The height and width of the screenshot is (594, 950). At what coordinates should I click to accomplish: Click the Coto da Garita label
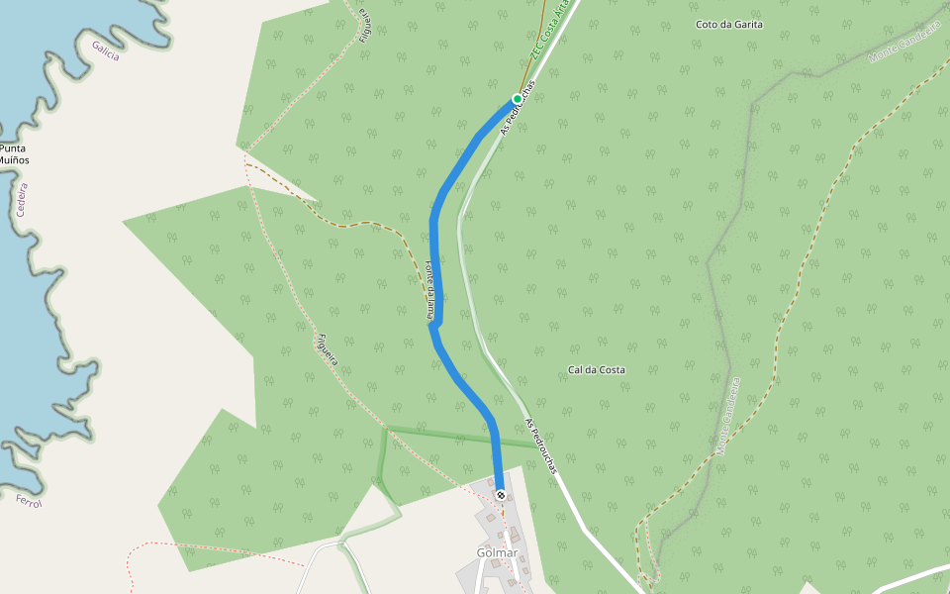click(729, 24)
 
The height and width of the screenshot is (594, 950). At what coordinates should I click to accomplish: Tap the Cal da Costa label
click(596, 370)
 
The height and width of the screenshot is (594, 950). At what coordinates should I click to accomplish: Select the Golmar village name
click(497, 552)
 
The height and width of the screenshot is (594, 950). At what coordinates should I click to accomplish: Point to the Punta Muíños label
click(14, 153)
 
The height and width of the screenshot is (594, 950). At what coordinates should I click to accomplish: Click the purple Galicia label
click(105, 50)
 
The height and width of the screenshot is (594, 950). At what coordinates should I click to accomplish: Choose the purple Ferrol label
click(29, 503)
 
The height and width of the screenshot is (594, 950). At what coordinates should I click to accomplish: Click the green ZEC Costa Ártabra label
click(550, 36)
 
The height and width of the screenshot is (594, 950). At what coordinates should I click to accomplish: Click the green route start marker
click(517, 99)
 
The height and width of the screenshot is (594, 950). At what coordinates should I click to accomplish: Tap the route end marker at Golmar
click(501, 494)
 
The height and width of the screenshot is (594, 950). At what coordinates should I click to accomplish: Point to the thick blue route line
click(435, 257)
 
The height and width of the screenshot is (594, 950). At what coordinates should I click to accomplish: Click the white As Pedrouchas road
click(584, 525)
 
